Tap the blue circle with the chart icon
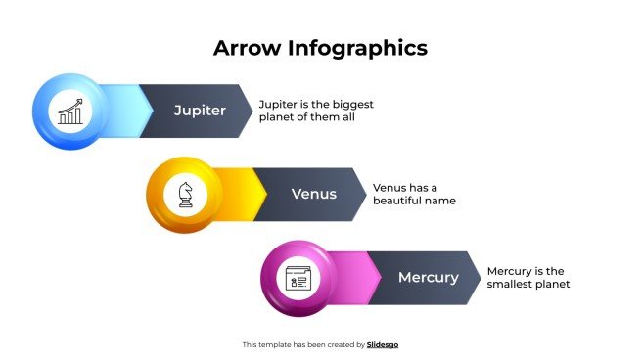coord(69,111)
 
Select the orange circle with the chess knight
coord(184,194)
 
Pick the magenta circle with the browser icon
coord(298,277)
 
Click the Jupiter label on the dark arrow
coord(200,111)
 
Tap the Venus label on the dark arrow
coord(314,194)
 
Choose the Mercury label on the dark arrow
coord(428,277)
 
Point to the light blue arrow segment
coord(122,111)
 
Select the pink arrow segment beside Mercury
coord(352,277)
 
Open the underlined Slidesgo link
coord(383,344)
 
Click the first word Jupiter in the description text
coord(278,104)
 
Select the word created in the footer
coord(339,344)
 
